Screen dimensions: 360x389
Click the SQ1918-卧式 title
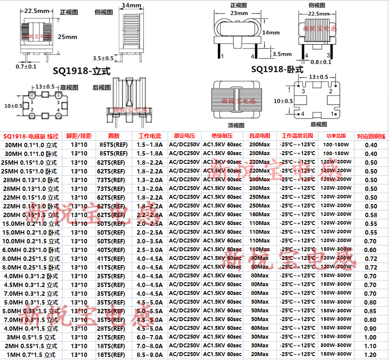(277, 69)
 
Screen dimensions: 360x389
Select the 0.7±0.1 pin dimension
(26, 66)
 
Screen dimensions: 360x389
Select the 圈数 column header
(114, 136)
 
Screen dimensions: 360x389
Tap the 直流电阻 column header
(259, 136)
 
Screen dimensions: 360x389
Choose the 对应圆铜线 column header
(371, 136)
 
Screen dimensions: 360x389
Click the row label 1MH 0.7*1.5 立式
(31, 355)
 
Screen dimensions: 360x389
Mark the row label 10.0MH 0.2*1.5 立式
(31, 241)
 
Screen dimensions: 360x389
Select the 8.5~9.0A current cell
(149, 355)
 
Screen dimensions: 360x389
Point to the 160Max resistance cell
(259, 215)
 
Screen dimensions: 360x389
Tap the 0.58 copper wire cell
(371, 215)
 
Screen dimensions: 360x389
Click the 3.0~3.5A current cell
(149, 241)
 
